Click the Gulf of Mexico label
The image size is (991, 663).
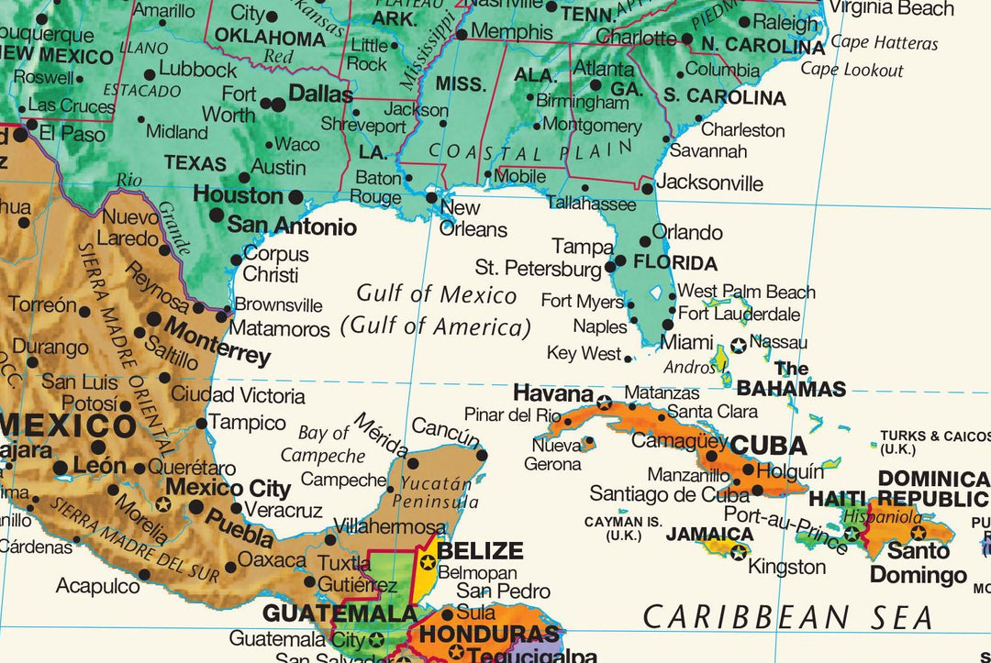click(x=437, y=294)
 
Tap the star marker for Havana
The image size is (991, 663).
click(x=604, y=403)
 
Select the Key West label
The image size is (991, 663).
click(x=584, y=353)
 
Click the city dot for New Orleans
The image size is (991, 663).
click(x=431, y=196)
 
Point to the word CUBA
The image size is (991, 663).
click(x=767, y=446)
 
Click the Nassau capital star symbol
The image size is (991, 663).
click(x=739, y=346)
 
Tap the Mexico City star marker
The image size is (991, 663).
click(x=163, y=503)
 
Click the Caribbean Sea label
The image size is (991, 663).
click(x=787, y=617)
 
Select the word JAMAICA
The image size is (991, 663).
click(x=709, y=534)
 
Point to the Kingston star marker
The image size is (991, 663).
click(x=739, y=552)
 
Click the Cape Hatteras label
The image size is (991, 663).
click(x=884, y=43)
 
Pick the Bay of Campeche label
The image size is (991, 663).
click(x=323, y=444)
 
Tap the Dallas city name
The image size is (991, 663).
click(x=320, y=94)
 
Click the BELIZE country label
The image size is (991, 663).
click(x=480, y=551)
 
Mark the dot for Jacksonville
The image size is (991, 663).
click(x=647, y=188)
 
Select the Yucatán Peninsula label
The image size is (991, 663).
click(x=435, y=492)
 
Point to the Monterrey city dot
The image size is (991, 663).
click(x=153, y=320)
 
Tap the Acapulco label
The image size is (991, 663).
click(x=97, y=585)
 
